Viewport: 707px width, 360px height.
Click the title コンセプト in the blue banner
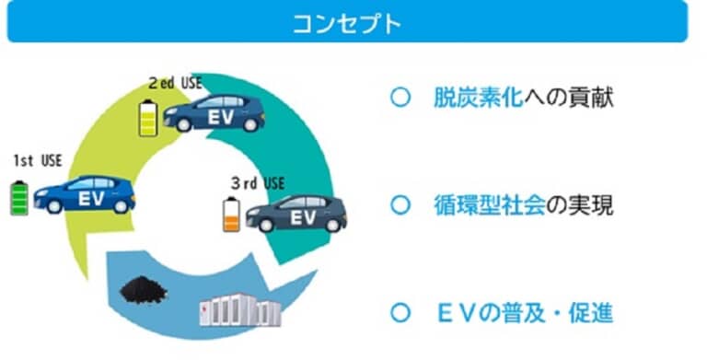[347, 23]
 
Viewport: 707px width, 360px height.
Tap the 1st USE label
[38, 160]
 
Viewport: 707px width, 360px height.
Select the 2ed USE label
[175, 84]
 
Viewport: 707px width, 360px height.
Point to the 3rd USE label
[258, 183]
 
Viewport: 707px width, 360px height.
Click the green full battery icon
[19, 198]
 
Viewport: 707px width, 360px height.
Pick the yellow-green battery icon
[148, 118]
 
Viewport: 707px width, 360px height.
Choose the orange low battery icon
[231, 215]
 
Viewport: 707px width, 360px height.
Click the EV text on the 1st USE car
[91, 199]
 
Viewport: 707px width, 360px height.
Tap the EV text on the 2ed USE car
[221, 117]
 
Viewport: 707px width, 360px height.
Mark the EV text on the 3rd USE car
[303, 218]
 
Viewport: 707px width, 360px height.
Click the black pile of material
[144, 290]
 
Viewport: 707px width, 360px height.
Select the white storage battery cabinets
[240, 310]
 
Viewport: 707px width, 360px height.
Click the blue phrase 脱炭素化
[478, 98]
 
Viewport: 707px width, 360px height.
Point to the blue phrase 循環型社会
[489, 205]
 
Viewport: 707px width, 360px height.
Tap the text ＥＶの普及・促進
[526, 313]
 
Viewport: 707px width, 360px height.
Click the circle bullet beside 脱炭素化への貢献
[400, 98]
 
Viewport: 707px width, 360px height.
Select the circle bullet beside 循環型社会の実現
[400, 205]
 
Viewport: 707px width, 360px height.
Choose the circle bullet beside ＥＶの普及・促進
[400, 313]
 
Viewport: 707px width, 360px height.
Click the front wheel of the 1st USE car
[54, 206]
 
